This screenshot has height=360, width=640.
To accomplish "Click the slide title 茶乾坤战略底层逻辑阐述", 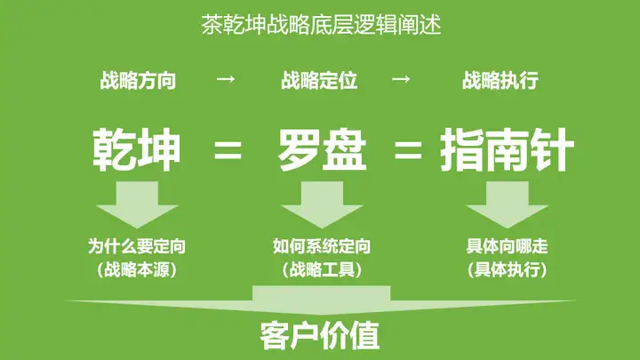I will coord(321,25).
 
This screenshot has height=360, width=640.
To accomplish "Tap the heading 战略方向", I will coord(138,81).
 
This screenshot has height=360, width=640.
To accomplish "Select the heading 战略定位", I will coord(319,81).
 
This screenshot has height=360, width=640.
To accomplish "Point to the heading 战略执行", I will coord(500,81).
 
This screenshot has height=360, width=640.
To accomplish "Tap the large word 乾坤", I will coord(137,150).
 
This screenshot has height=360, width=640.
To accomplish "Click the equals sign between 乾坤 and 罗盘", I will coord(228,151).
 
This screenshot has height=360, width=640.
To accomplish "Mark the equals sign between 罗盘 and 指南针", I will coord(408,151).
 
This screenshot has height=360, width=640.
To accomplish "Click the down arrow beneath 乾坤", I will coord(137,203).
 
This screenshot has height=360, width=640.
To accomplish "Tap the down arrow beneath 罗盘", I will coord(321,203).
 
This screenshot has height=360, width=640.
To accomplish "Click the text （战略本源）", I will coord(137,268).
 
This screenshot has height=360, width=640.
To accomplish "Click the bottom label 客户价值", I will coord(321,337).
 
